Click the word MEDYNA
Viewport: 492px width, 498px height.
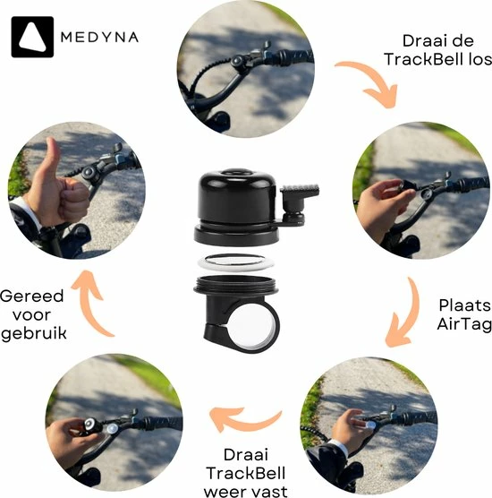[x=98, y=38]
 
